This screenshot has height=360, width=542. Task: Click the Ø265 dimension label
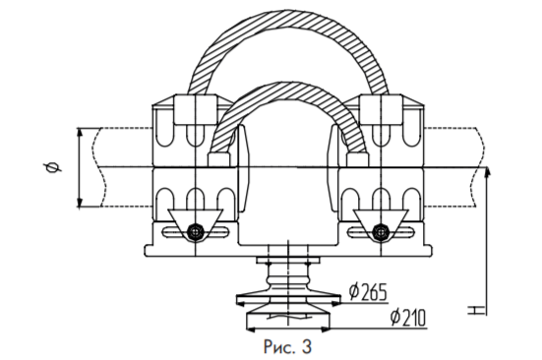point(368,291)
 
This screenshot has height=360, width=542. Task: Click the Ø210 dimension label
point(408,318)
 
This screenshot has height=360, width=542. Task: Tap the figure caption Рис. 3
point(287,346)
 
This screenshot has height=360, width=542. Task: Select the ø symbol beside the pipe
point(52,167)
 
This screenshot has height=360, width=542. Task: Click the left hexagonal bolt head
point(196,231)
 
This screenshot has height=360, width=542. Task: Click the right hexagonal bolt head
point(381,231)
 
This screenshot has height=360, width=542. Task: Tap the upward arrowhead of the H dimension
point(487,171)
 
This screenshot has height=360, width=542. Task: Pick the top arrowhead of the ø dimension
point(80,133)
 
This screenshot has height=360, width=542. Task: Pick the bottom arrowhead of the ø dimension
point(80,203)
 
